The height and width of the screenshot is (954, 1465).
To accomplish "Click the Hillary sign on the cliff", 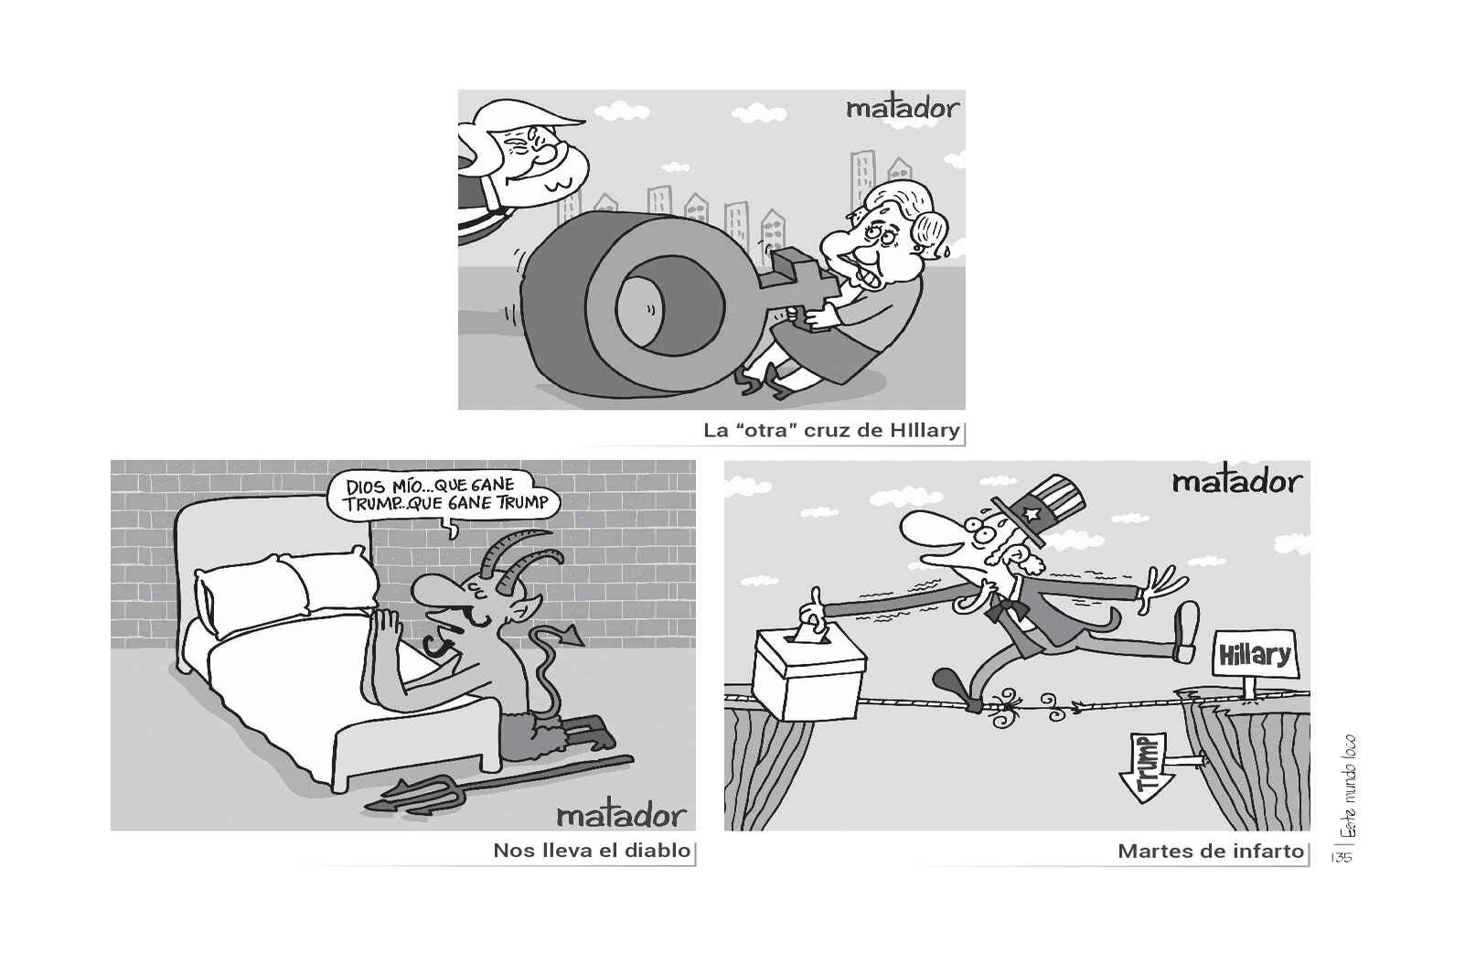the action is [1255, 655].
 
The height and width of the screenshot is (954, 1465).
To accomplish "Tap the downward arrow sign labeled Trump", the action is [1149, 766].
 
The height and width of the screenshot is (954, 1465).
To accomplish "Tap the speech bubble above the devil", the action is [444, 497].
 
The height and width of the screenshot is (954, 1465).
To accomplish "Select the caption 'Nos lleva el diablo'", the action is [592, 850].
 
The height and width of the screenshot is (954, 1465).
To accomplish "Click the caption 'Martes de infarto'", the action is [1211, 851].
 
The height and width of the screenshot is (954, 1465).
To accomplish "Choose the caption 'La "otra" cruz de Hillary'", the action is [831, 430].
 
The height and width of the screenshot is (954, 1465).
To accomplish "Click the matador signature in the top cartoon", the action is [903, 109].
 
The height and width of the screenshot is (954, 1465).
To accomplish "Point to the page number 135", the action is [1342, 857].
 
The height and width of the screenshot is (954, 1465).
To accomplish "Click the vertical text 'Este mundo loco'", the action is [1347, 789].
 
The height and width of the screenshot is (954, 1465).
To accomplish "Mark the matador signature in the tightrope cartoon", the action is [1237, 482].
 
